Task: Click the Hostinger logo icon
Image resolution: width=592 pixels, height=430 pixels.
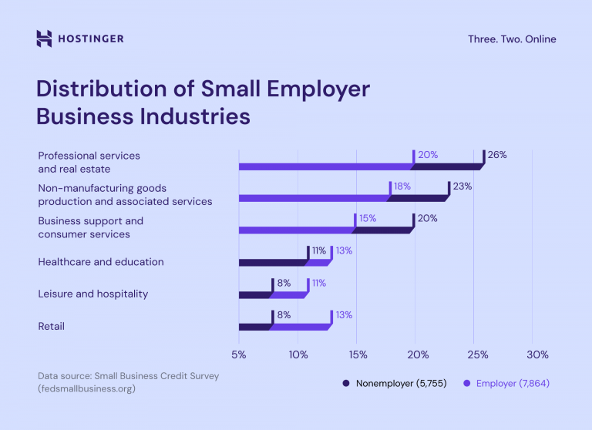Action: (45, 39)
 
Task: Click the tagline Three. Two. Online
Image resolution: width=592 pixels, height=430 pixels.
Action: (511, 39)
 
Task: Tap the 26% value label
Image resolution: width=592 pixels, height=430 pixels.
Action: (497, 154)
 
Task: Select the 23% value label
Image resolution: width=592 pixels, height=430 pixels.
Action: (462, 186)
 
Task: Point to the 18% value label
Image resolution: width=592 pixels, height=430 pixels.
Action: (402, 186)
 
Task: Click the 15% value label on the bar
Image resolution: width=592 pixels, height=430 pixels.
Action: (367, 218)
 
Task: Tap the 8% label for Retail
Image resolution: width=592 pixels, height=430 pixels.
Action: (283, 315)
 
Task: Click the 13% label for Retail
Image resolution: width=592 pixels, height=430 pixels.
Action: (343, 315)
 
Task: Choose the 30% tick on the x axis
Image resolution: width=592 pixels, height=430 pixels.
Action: (537, 354)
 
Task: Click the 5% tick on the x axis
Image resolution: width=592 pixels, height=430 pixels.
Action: (239, 354)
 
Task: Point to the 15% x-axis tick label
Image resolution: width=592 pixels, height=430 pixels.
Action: (358, 354)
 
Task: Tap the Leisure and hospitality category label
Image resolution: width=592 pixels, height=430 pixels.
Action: (92, 294)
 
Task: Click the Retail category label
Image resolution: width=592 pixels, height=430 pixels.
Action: (52, 326)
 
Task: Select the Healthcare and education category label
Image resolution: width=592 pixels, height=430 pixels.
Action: (101, 261)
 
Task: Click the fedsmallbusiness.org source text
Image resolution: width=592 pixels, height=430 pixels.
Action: (86, 389)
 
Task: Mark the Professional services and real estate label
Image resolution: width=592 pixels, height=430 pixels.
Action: (89, 162)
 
